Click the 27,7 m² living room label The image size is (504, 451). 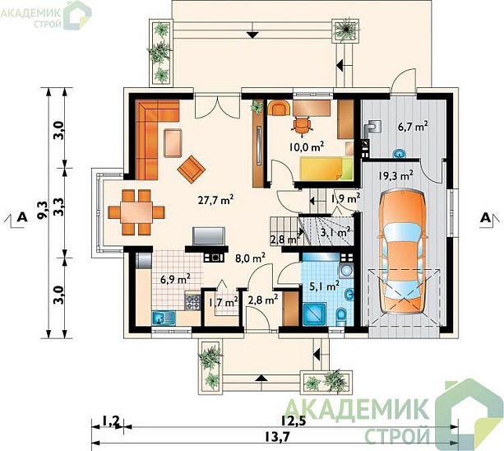click(215, 200)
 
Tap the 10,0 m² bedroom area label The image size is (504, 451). click(306, 146)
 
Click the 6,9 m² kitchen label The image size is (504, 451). click(175, 278)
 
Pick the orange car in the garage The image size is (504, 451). click(403, 252)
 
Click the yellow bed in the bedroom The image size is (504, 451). click(326, 168)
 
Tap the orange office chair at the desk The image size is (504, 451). click(302, 124)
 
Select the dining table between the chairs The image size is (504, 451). click(136, 212)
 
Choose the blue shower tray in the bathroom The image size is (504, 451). click(315, 314)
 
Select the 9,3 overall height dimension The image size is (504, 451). click(42, 209)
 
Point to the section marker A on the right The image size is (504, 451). click(485, 218)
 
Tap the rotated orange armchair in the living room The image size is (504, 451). click(192, 169)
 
